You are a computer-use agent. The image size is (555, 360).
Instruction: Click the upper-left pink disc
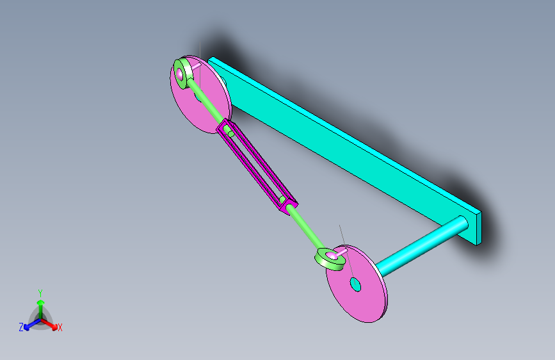(208, 106)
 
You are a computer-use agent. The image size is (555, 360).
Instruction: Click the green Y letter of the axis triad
(40, 291)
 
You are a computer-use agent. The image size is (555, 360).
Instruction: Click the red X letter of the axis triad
(60, 328)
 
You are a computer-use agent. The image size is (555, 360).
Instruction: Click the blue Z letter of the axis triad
(21, 327)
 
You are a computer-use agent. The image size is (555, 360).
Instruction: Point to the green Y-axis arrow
(40, 304)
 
